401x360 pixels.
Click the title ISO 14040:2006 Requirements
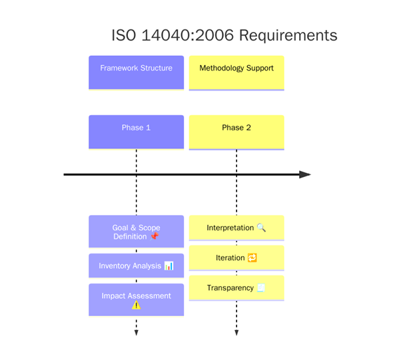(224, 35)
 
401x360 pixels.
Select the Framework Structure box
(136, 72)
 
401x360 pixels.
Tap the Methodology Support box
(236, 73)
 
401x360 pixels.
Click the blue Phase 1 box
(136, 132)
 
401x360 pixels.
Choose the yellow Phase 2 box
(236, 132)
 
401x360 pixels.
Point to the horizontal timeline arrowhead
(304, 174)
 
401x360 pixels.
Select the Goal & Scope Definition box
(136, 232)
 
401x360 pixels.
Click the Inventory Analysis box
(136, 266)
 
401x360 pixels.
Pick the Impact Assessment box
(136, 300)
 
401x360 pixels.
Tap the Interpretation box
(236, 228)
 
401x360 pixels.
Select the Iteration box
(236, 258)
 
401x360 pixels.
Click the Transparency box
(236, 288)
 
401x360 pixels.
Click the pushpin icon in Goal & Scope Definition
(155, 237)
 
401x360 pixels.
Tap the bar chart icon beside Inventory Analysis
(169, 266)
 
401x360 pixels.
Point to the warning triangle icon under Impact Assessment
(136, 305)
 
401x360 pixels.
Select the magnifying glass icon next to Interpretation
(261, 228)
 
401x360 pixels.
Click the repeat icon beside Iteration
(252, 258)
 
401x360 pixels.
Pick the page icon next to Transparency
(260, 288)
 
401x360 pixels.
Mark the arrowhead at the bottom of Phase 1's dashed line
(136, 332)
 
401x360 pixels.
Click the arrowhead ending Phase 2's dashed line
(236, 332)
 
